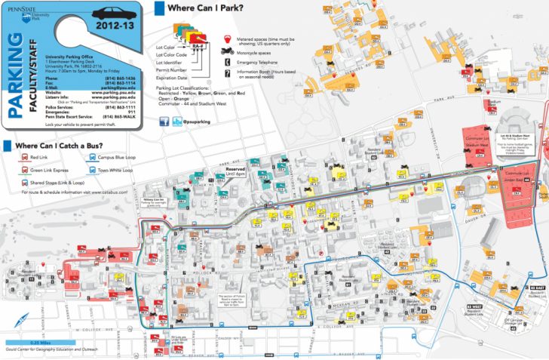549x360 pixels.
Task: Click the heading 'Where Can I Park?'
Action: tap(199, 8)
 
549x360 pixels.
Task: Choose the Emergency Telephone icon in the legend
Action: tap(227, 63)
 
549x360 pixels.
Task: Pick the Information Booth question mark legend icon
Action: tap(227, 74)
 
